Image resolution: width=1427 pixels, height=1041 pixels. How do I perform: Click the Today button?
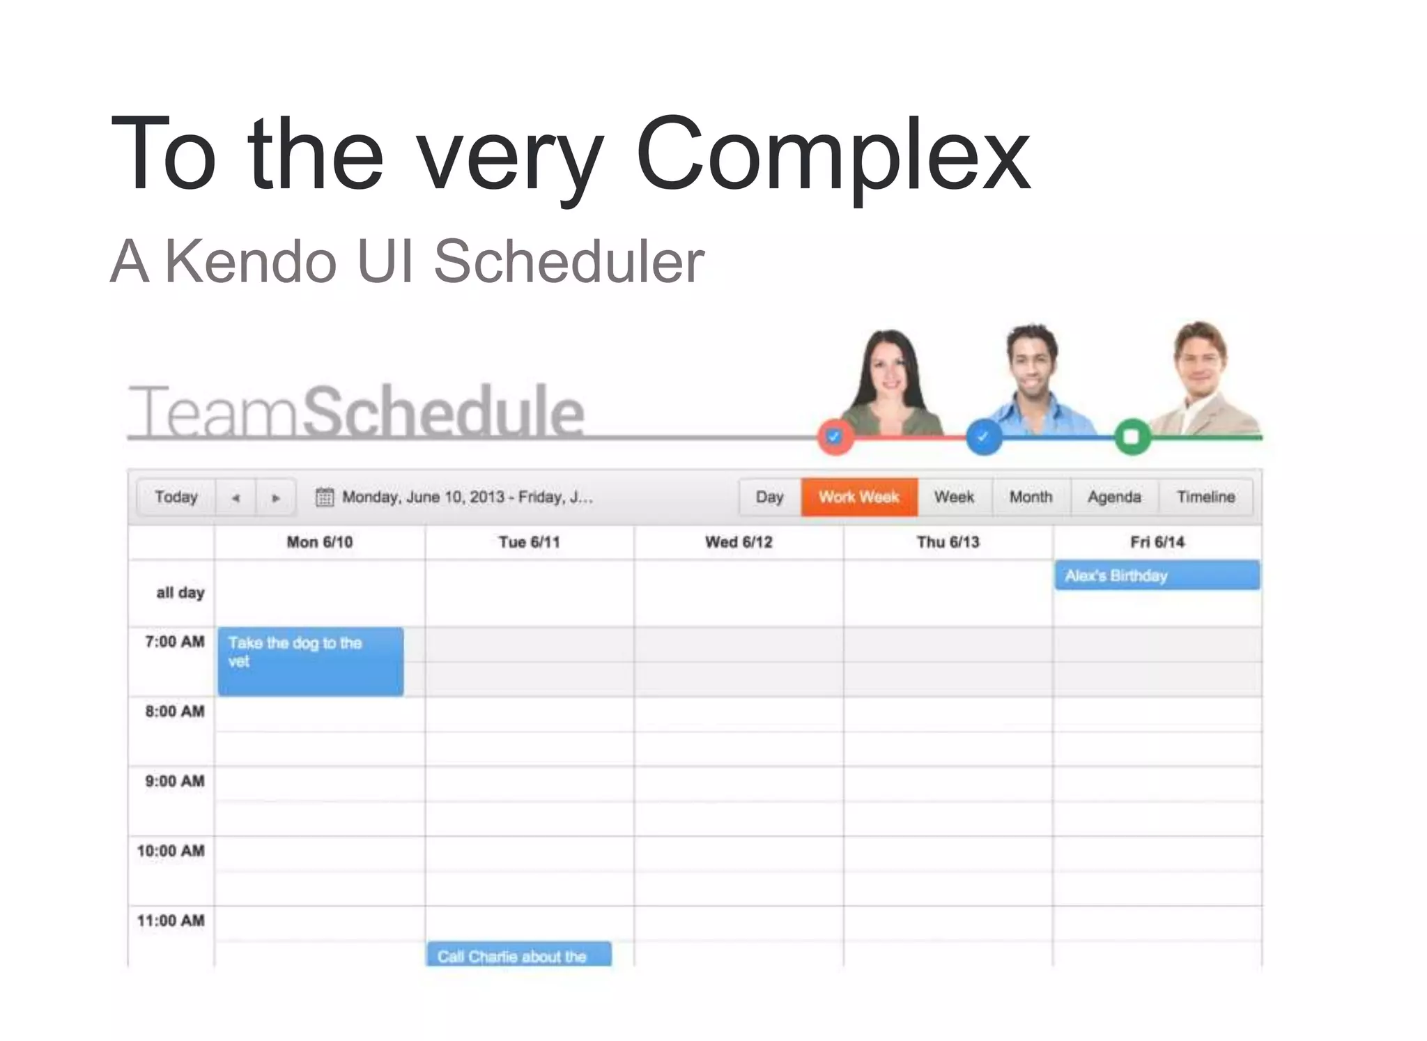point(176,497)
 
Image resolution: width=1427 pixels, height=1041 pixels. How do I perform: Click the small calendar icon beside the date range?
point(324,497)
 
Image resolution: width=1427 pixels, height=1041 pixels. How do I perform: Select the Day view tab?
point(769,497)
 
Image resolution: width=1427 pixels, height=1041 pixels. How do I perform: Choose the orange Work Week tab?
point(858,497)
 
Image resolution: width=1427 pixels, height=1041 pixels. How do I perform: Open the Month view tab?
point(1031,497)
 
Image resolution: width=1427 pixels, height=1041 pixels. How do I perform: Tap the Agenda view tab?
point(1113,497)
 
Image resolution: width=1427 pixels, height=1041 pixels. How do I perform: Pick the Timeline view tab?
point(1205,497)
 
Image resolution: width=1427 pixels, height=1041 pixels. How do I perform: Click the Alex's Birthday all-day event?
point(1157,576)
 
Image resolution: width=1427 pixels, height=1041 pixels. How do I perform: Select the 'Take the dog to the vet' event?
point(310,661)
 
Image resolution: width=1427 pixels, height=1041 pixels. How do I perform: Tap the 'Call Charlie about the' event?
point(518,955)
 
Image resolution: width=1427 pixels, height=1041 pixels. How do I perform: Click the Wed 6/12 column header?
point(739,542)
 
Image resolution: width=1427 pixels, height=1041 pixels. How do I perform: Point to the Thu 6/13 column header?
point(948,542)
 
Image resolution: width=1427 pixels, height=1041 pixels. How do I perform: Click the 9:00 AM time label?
point(174,781)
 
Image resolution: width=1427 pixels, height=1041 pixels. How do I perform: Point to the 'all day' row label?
point(180,592)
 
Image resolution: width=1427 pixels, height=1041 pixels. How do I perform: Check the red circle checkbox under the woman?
point(835,437)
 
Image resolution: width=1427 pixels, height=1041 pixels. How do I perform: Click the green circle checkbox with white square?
point(1132,437)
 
